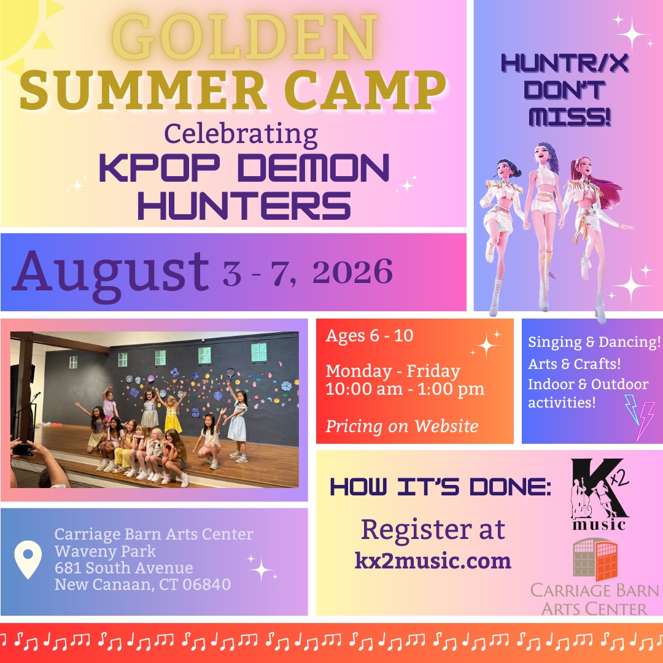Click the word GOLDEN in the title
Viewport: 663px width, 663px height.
[x=244, y=37]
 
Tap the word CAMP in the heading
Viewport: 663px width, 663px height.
[x=365, y=90]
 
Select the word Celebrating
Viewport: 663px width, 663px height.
[x=241, y=134]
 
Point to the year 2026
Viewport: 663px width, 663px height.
[x=352, y=271]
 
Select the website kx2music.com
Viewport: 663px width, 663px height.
[x=433, y=560]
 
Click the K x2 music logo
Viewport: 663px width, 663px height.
[x=600, y=494]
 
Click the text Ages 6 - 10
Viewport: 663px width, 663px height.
[x=369, y=335]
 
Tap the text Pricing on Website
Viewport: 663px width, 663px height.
[x=401, y=426]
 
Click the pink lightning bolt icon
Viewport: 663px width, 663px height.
[x=646, y=421]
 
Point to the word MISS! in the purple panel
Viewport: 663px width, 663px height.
[x=570, y=117]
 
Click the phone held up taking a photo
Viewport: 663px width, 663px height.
[x=22, y=449]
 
